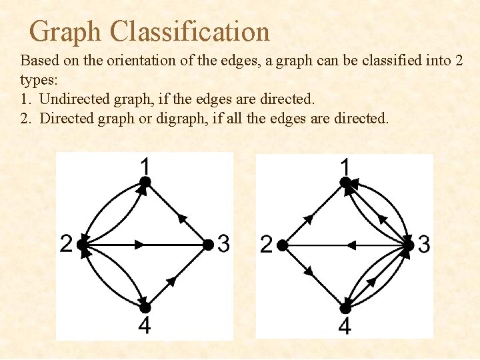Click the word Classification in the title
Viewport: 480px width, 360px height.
[x=190, y=31]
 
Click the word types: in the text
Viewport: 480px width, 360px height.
[x=39, y=80]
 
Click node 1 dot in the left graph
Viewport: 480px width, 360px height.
[x=145, y=181]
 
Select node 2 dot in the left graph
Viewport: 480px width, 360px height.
[x=82, y=245]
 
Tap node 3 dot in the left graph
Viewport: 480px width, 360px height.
[x=208, y=245]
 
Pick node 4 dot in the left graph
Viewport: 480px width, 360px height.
[x=145, y=307]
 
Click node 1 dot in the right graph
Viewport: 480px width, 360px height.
[x=345, y=181]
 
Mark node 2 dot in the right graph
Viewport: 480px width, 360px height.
[x=282, y=245]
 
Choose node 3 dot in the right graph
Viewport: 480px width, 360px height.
[x=408, y=245]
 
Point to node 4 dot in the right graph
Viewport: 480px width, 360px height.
[x=345, y=308]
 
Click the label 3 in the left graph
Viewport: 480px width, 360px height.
[x=223, y=245]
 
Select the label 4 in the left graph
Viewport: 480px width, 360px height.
[x=145, y=326]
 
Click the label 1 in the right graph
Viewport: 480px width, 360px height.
[x=345, y=164]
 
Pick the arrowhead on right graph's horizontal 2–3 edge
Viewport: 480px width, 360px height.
[x=351, y=245]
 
